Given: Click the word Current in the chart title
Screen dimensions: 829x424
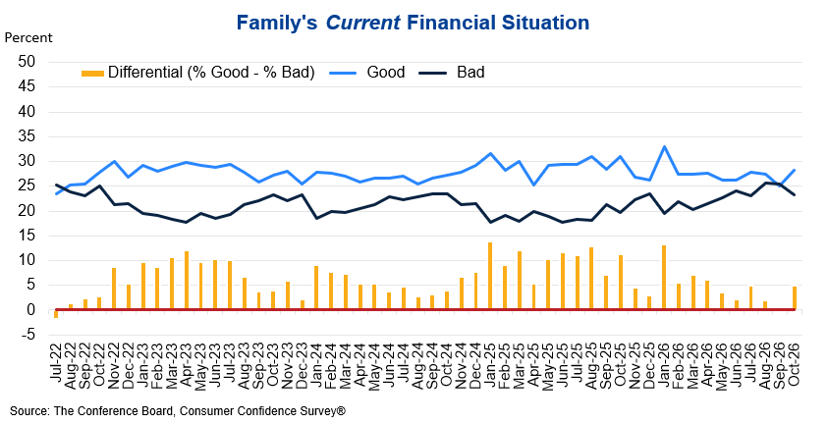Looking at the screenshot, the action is point(363,23).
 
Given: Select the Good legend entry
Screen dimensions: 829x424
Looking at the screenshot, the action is point(367,72).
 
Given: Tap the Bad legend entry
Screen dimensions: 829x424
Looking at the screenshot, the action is point(452,72).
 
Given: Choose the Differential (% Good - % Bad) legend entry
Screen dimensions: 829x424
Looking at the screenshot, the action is point(198,73).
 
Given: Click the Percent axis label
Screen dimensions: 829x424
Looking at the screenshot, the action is point(28,38).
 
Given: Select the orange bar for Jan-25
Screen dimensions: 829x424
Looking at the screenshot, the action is point(490,276).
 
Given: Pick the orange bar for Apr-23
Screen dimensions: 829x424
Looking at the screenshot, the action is point(186,281).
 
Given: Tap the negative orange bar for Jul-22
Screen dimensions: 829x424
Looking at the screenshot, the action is point(56,314).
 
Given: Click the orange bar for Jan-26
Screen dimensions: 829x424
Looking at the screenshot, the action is point(664,278).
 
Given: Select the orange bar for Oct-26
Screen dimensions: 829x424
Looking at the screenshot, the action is point(794,298).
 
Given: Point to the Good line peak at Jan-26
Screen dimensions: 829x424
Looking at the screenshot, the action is point(664,146).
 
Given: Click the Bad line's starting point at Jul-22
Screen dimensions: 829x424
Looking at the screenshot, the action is point(56,185).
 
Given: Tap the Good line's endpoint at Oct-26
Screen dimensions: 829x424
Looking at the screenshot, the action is point(794,170).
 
